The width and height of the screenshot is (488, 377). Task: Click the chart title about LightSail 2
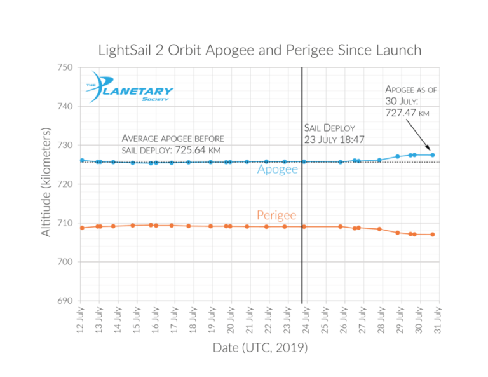[259, 50]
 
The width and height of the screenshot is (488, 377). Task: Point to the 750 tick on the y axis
[65, 67]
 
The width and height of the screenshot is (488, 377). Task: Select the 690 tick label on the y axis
[65, 301]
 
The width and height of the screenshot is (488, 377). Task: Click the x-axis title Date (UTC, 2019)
[260, 348]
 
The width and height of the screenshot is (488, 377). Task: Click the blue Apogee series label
[278, 170]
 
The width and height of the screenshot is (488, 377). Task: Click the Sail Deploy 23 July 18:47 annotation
[335, 134]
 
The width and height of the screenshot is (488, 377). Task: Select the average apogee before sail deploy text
[172, 144]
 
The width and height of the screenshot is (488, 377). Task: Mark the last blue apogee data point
[433, 155]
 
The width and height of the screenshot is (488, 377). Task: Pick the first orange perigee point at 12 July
[82, 228]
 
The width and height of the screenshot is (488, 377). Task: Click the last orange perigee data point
[433, 235]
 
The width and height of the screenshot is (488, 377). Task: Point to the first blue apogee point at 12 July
[82, 161]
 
